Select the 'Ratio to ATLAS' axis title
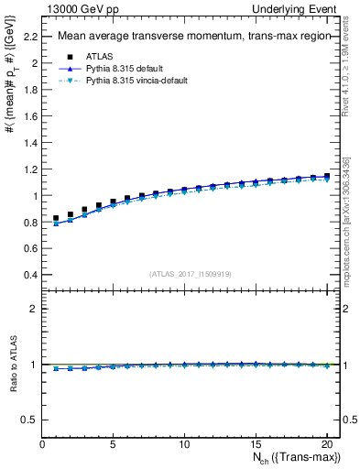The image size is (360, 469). (x=13, y=364)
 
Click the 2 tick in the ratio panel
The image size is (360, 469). (x=34, y=309)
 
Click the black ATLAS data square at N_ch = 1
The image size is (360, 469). (x=56, y=219)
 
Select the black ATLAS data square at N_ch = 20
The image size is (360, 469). (x=326, y=175)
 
